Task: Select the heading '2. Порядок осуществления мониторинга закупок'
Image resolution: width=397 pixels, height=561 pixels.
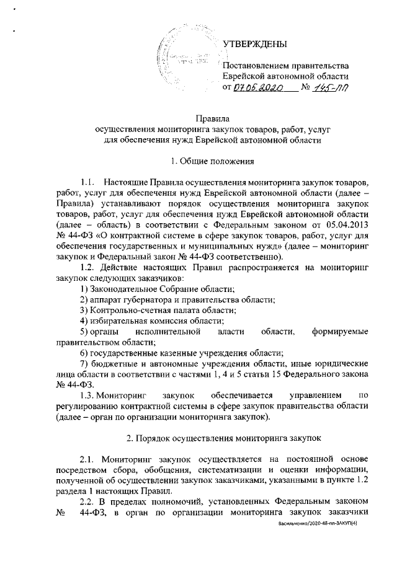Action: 224,438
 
